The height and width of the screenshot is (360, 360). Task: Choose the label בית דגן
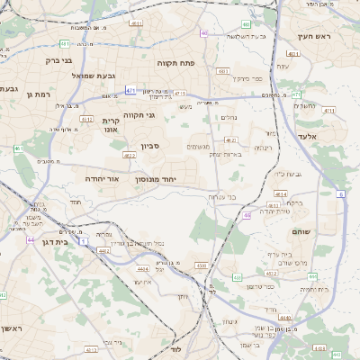point(55,242)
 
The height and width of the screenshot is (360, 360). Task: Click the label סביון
point(151,146)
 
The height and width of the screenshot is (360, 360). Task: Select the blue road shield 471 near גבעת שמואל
point(131,90)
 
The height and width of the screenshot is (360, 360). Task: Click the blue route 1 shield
point(83,241)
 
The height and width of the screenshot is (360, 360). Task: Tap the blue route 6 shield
point(341,193)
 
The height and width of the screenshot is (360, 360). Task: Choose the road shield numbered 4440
point(285,317)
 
